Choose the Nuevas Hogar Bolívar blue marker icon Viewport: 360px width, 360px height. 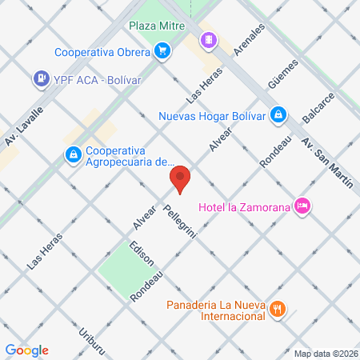pos(278,114)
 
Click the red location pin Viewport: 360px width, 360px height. pos(180,179)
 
